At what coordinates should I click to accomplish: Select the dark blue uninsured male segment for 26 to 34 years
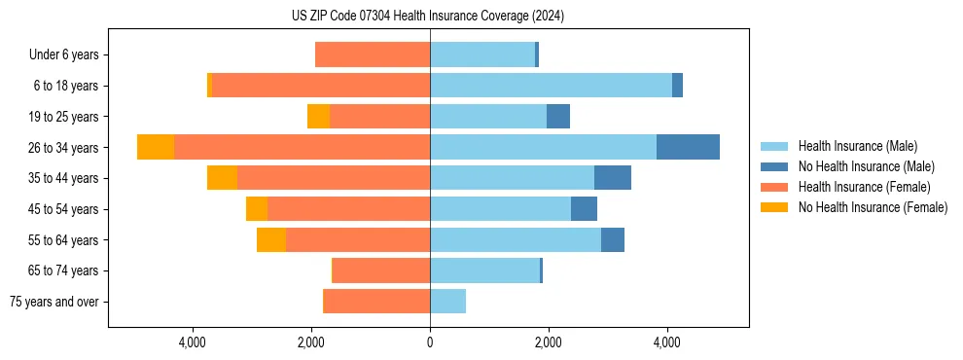tap(688, 147)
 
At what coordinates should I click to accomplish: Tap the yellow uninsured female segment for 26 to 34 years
tap(156, 147)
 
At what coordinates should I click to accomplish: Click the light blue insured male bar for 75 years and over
tap(447, 302)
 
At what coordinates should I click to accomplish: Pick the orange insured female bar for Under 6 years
tap(373, 54)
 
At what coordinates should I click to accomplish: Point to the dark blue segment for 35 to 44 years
tap(613, 178)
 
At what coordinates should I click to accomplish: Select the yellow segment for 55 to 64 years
tap(271, 239)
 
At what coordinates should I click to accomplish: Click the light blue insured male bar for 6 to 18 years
tap(551, 86)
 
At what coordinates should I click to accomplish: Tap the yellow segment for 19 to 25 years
tap(318, 117)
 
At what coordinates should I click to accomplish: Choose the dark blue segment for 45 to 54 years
tap(584, 209)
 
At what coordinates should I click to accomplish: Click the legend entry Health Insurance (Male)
tap(857, 146)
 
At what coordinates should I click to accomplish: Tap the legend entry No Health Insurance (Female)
tap(873, 207)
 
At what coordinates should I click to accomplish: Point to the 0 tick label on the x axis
tap(430, 342)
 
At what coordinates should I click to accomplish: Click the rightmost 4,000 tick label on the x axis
tap(667, 342)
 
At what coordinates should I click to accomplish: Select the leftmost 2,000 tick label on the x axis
tap(311, 342)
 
